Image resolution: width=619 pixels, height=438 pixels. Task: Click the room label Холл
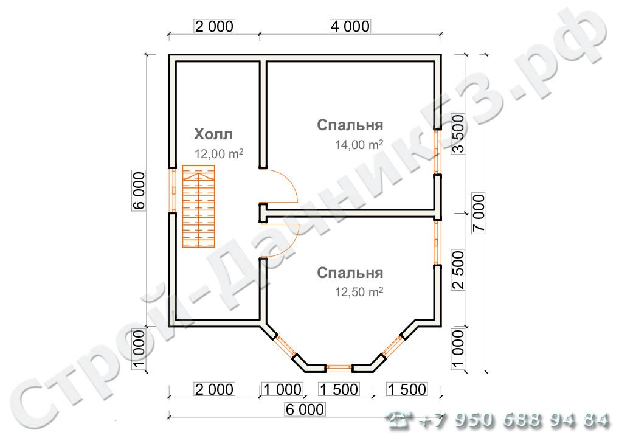pyautogui.click(x=213, y=134)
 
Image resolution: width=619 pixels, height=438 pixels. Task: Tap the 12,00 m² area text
pyautogui.click(x=219, y=154)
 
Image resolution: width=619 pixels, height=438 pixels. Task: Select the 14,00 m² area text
pyautogui.click(x=359, y=145)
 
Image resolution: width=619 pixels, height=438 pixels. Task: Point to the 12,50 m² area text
pyautogui.click(x=359, y=291)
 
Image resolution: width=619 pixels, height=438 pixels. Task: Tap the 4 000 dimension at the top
pyautogui.click(x=350, y=26)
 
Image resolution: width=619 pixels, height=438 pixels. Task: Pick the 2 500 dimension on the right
pyautogui.click(x=458, y=269)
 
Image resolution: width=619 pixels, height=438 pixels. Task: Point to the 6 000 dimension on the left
pyautogui.click(x=139, y=191)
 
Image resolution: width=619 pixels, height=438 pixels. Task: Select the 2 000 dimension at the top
pyautogui.click(x=213, y=26)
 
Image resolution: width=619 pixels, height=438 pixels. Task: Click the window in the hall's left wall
pyautogui.click(x=172, y=189)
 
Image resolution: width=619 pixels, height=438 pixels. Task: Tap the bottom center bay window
pyautogui.click(x=339, y=367)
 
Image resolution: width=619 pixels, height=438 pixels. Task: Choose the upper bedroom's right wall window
pyautogui.click(x=437, y=153)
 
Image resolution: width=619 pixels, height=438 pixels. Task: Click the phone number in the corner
pyautogui.click(x=499, y=420)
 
